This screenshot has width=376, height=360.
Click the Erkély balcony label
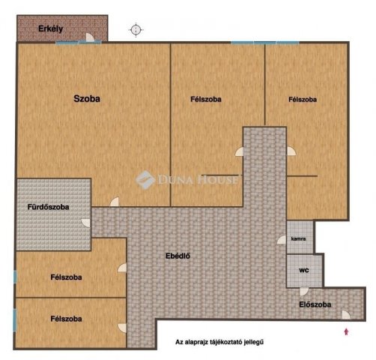(x=51, y=29)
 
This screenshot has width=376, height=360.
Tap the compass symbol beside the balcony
(x=136, y=30)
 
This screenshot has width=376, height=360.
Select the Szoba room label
(x=87, y=99)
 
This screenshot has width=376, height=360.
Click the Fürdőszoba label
(x=48, y=207)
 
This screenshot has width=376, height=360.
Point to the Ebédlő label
(x=178, y=256)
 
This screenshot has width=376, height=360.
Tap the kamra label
(x=299, y=238)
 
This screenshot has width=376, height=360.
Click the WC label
(x=304, y=270)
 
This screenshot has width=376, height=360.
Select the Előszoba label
(x=315, y=304)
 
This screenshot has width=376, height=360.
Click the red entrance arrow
(x=346, y=331)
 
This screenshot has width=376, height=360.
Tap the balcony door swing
(x=90, y=37)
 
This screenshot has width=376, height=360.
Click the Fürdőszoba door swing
(x=86, y=223)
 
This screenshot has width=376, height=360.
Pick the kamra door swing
(x=282, y=239)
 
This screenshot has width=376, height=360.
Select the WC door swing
(x=304, y=292)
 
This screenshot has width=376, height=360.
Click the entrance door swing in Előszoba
(x=346, y=315)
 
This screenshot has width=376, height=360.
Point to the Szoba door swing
(x=115, y=202)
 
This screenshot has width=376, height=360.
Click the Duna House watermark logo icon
(x=145, y=179)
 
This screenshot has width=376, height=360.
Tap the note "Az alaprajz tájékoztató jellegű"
(x=219, y=342)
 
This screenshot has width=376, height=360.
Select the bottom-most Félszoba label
(x=66, y=319)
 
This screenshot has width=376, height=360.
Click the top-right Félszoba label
(x=303, y=100)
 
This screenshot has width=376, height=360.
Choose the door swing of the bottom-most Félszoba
(x=122, y=328)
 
